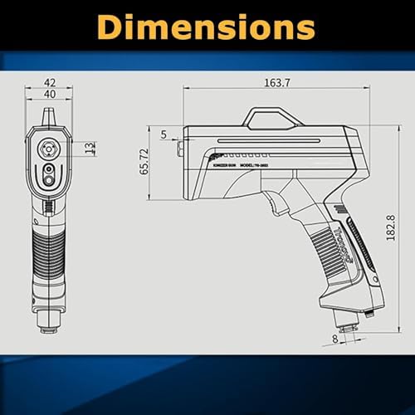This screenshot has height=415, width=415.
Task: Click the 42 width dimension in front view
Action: (x=50, y=84)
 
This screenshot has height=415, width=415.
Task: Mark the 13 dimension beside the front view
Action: (x=90, y=148)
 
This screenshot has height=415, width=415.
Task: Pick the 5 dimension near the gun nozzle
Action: (x=163, y=134)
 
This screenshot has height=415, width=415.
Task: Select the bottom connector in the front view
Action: (x=49, y=320)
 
